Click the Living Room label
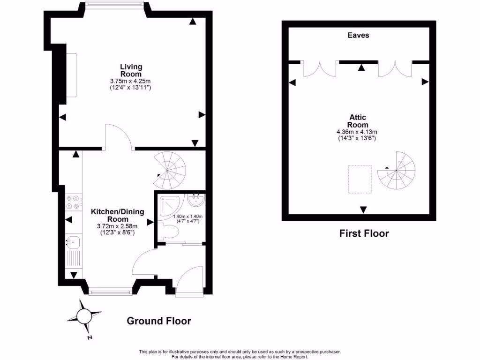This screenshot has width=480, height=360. [131, 70]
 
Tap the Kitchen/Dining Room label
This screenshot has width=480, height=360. [117, 215]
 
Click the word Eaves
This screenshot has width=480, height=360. [358, 35]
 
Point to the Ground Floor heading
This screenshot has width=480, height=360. [159, 321]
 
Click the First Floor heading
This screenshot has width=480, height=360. [364, 233]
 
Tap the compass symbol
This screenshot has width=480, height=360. [84, 318]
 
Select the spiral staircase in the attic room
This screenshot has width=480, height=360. [397, 171]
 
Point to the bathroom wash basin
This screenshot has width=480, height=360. [195, 201]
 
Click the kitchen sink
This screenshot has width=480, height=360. [72, 242]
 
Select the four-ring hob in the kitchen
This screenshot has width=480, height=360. [72, 202]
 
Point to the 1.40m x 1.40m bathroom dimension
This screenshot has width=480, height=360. [187, 217]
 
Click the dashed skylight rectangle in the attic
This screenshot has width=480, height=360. [360, 179]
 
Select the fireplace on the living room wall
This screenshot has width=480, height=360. [71, 75]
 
